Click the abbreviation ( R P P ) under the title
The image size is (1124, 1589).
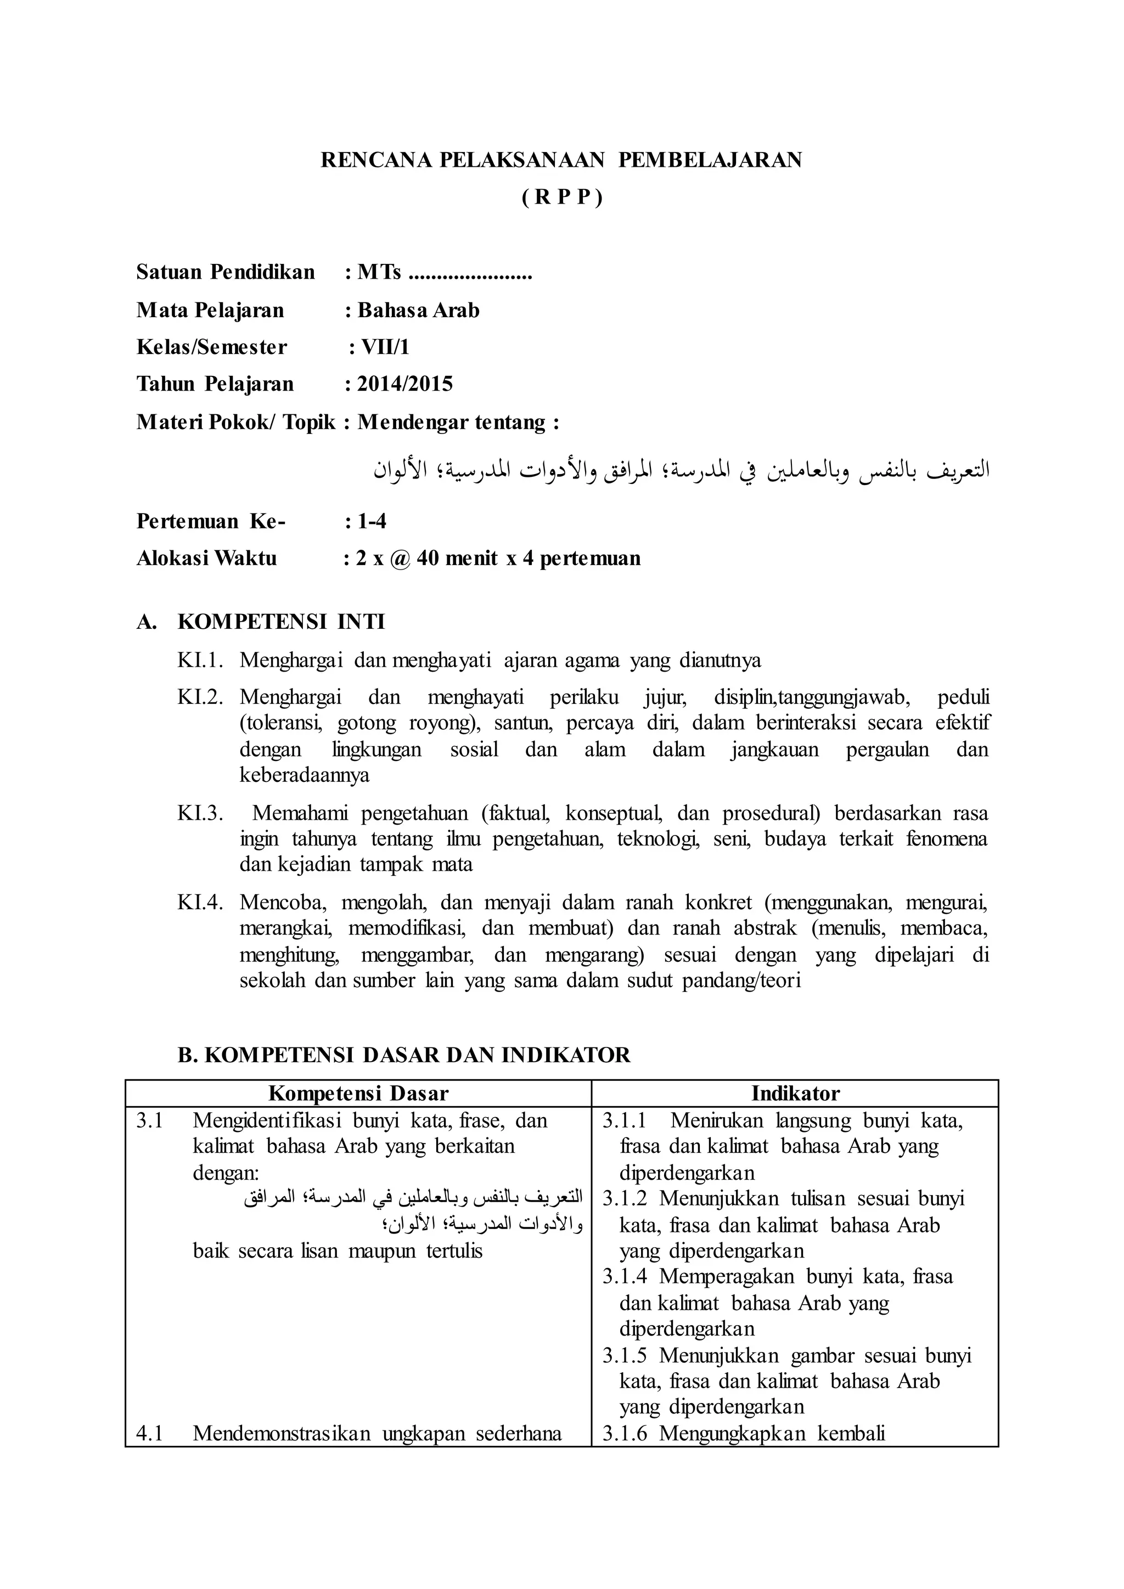[561, 198]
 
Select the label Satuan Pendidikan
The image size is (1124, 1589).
[225, 272]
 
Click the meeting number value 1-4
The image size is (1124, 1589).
[372, 521]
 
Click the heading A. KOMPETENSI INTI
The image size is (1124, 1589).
[260, 622]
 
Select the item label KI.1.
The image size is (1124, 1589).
[199, 660]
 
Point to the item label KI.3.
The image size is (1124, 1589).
[199, 813]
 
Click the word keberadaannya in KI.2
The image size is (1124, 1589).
[304, 775]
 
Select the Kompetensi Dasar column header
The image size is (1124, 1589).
[358, 1094]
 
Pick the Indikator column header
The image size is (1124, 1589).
[795, 1094]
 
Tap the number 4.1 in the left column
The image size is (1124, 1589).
[149, 1433]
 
